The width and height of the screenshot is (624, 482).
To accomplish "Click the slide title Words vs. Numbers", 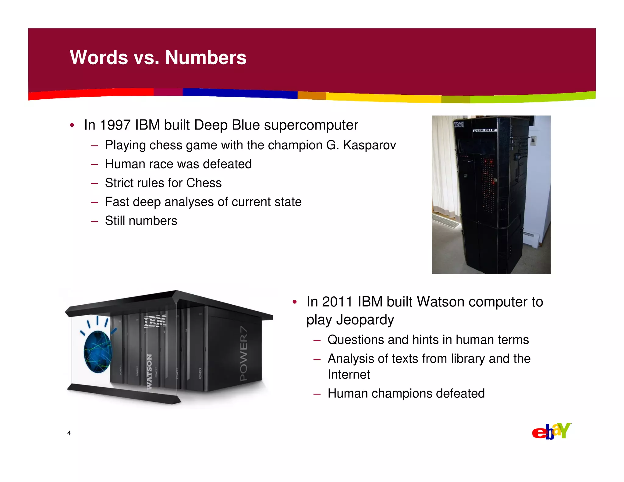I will pos(158,57).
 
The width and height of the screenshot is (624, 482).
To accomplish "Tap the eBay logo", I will pos(551,431).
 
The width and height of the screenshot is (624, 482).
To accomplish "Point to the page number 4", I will pos(69,433).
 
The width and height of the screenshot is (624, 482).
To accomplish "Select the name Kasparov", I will pos(369,145).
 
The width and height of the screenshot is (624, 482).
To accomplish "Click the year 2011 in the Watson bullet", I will pos(337,302).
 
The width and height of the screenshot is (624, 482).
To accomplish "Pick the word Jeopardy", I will pos(365,320).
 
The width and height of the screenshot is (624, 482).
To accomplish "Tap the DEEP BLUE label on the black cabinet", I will pos(484,130).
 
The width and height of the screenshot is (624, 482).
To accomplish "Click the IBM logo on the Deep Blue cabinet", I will pos(459,124).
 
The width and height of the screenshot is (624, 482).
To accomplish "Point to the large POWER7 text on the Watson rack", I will pos(244,353).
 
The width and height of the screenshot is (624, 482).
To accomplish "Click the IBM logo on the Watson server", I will pos(155,321).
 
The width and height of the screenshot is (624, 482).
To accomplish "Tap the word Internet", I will pos(349,374).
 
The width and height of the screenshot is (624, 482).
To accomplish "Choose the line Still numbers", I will pos(141,221).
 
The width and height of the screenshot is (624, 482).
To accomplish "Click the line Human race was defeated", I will pos(178,164).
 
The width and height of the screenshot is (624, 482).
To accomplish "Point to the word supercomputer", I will pos(311,125).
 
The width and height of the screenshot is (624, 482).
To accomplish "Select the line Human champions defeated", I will pos(406,393).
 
